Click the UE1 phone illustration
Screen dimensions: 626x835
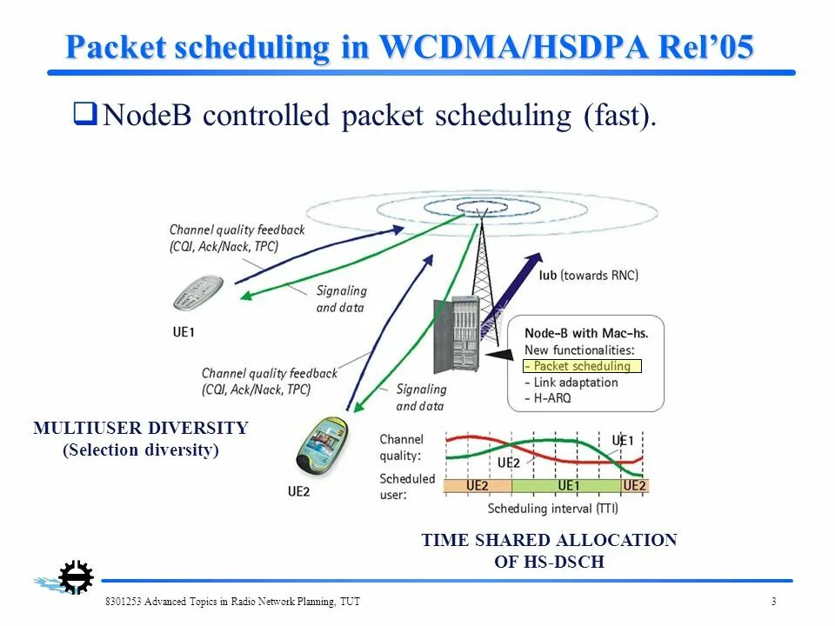pyautogui.click(x=199, y=292)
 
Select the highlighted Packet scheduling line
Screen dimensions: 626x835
pyautogui.click(x=582, y=366)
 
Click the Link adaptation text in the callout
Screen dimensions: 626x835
pyautogui.click(x=575, y=383)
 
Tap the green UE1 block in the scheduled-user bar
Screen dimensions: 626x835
pyautogui.click(x=566, y=485)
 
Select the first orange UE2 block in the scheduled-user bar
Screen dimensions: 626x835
pyautogui.click(x=478, y=485)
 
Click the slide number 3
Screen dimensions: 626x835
pyautogui.click(x=773, y=602)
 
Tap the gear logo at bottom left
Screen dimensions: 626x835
pyautogui.click(x=76, y=577)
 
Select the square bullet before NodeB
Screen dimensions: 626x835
pyautogui.click(x=83, y=113)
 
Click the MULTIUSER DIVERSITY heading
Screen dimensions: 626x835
pyautogui.click(x=141, y=428)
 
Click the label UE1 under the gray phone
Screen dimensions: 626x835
pyautogui.click(x=184, y=332)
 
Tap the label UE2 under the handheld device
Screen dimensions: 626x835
pyautogui.click(x=298, y=491)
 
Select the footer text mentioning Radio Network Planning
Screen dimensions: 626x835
pyautogui.click(x=232, y=602)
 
